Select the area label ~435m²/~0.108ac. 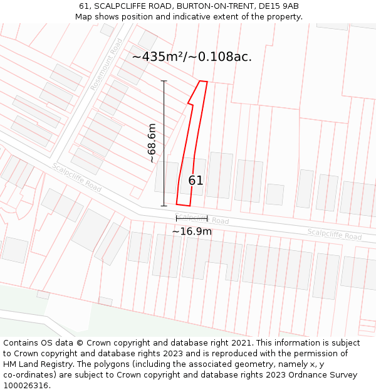pyautogui.click(x=192, y=56)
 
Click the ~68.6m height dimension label pyautogui.click(x=152, y=143)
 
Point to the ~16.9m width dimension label pyautogui.click(x=192, y=231)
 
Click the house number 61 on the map pyautogui.click(x=196, y=181)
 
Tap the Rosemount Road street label pyautogui.click(x=107, y=65)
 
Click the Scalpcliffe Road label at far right pyautogui.click(x=334, y=234)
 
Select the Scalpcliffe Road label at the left pyautogui.click(x=76, y=177)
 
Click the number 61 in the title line pyautogui.click(x=85, y=6)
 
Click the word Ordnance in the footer pyautogui.click(x=311, y=375)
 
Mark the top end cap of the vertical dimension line pyautogui.click(x=164, y=81)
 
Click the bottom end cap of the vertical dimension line pyautogui.click(x=164, y=206)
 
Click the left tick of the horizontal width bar pyautogui.click(x=177, y=218)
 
